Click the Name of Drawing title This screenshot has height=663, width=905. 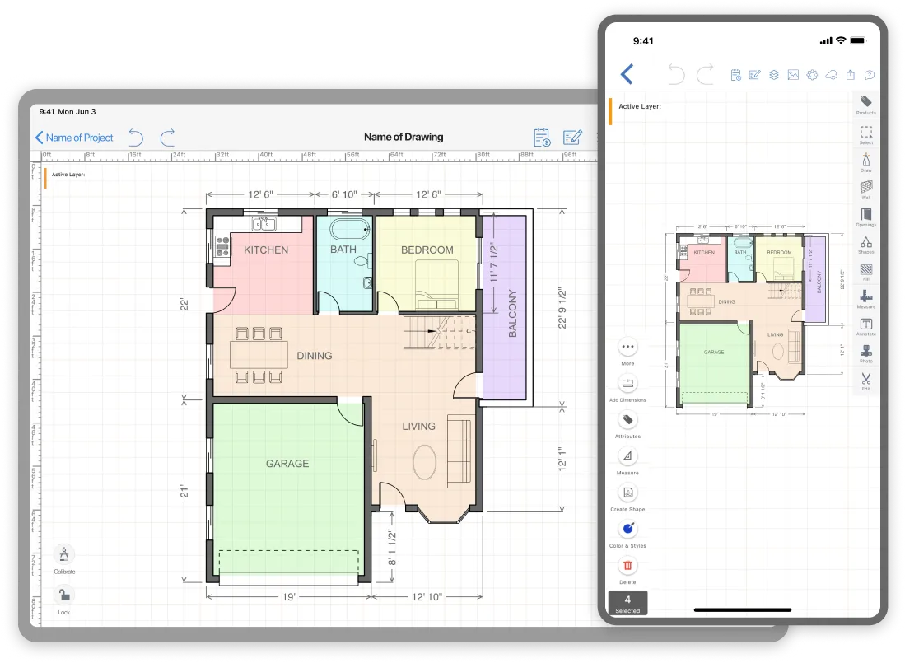pyautogui.click(x=404, y=138)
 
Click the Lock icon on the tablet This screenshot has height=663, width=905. pyautogui.click(x=64, y=595)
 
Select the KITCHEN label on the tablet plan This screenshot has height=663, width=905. pyautogui.click(x=266, y=250)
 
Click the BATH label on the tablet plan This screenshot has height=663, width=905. pyautogui.click(x=343, y=250)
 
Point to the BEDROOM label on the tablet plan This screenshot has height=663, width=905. pyautogui.click(x=427, y=250)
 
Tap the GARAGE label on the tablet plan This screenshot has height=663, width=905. pyautogui.click(x=287, y=464)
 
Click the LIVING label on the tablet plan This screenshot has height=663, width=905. pyautogui.click(x=418, y=427)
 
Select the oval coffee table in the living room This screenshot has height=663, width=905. pyautogui.click(x=425, y=462)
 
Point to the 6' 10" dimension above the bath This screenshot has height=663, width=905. pyautogui.click(x=344, y=194)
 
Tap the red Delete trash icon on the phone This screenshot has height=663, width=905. pyautogui.click(x=628, y=566)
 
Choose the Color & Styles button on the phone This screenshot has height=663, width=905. pyautogui.click(x=628, y=530)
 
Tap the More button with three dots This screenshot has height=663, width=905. pyautogui.click(x=628, y=348)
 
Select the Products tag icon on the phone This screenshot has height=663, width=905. pyautogui.click(x=866, y=101)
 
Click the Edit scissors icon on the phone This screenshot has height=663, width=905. pyautogui.click(x=866, y=379)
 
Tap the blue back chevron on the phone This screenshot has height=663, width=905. pyautogui.click(x=627, y=74)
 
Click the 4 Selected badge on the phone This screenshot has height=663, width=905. pyautogui.click(x=627, y=603)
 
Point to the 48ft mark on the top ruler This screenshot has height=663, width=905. pyautogui.click(x=310, y=154)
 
